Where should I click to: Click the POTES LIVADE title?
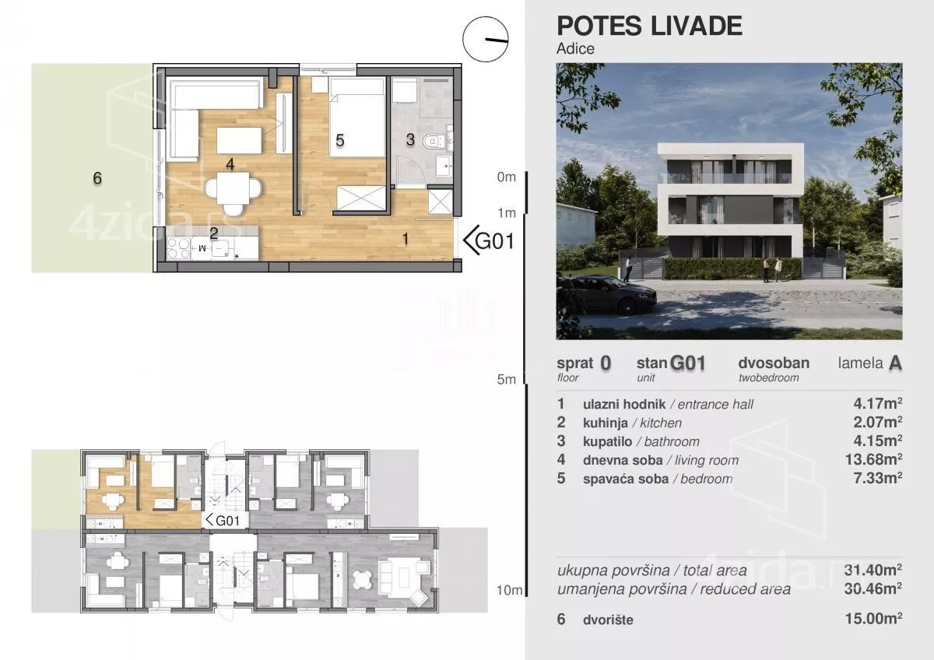(649, 26)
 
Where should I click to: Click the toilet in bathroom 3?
(434, 142)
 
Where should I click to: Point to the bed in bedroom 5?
(357, 118)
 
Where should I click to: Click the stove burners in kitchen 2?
(178, 247)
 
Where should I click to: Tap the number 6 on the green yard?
(97, 178)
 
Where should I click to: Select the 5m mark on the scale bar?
(506, 379)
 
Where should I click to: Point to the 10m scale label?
(509, 590)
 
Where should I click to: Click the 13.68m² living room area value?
(873, 459)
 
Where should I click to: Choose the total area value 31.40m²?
(873, 570)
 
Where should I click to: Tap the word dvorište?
(608, 620)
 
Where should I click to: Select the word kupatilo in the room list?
(608, 441)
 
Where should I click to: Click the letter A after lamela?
(895, 363)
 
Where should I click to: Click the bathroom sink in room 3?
(444, 166)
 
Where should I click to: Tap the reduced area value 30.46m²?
(873, 588)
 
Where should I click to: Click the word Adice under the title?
(575, 49)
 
